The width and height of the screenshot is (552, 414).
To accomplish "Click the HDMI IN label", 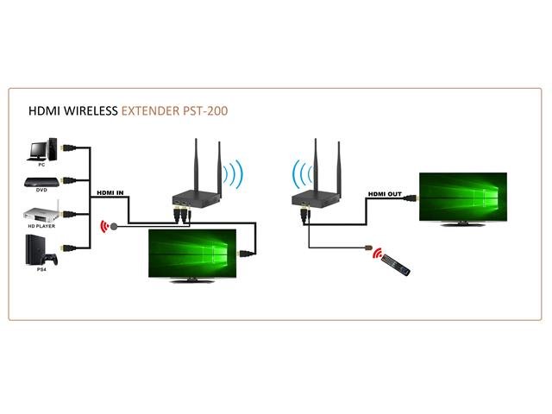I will (x=110, y=192).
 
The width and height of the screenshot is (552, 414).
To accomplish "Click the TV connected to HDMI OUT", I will (x=460, y=198).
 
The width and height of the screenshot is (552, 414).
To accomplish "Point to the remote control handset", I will (x=396, y=263).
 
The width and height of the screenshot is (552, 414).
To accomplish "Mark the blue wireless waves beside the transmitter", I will (x=231, y=174).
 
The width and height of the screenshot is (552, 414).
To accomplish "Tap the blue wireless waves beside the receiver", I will (x=298, y=174).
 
